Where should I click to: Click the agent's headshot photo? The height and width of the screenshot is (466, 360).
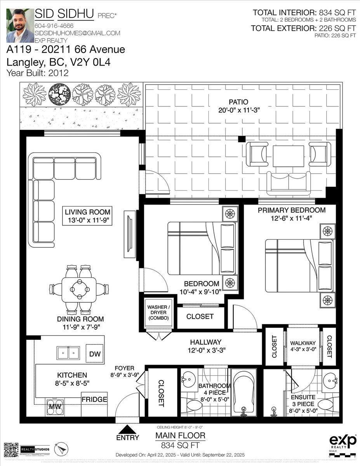point(20,26)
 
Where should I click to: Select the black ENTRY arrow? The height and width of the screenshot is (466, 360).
point(127,429)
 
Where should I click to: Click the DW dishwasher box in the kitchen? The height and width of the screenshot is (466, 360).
point(94,353)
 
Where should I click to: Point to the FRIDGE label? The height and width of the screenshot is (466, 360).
point(94,399)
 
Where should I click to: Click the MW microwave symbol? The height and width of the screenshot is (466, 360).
point(53,406)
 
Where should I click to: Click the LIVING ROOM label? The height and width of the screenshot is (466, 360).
point(87,212)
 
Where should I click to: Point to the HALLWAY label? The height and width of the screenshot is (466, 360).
point(205,342)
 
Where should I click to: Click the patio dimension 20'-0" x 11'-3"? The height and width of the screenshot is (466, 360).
point(238,110)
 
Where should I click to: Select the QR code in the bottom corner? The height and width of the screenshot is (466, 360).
point(11,450)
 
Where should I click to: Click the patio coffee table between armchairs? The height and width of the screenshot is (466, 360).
point(288,156)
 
